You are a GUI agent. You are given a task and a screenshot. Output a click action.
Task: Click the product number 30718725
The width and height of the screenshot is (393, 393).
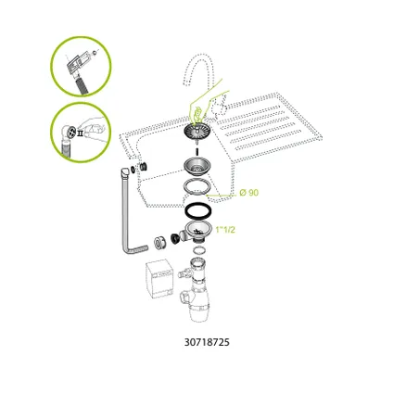(x=207, y=342)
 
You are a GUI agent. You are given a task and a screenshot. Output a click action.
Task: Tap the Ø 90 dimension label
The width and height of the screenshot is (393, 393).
(x=248, y=193)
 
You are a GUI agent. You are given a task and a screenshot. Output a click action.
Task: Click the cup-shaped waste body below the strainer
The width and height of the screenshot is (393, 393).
(x=196, y=168)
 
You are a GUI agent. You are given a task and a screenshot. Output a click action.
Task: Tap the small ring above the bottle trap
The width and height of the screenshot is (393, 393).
(x=198, y=249)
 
